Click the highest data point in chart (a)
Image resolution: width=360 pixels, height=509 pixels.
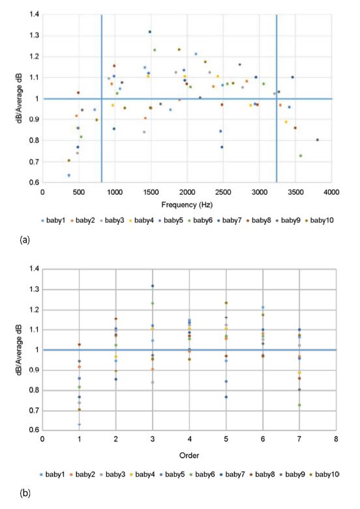pos(150,32)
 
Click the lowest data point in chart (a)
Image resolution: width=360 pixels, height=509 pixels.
pos(69,175)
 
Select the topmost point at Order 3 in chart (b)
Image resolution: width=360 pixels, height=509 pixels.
pos(153,286)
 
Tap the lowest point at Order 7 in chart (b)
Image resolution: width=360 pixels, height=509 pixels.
pos(299,405)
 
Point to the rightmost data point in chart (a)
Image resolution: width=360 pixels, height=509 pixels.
pos(318,140)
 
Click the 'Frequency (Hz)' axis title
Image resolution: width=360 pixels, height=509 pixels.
pos(187,205)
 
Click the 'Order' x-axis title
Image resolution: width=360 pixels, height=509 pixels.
pos(189,456)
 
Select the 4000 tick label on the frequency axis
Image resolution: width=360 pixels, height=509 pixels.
pos(331,192)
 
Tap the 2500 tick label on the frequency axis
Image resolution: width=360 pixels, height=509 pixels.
pos(223,192)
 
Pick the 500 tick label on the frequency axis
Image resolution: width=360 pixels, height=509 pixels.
pos(79,192)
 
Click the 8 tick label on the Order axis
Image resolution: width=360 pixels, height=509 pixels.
pos(336,439)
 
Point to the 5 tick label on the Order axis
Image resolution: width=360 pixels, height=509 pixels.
pos(226,439)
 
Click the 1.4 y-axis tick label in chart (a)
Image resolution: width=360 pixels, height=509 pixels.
pos(34,14)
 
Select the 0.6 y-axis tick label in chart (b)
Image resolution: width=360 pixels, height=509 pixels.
pos(34,430)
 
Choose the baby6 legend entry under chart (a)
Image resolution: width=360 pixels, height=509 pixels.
pos(200,220)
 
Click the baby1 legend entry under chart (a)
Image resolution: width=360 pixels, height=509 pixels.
pos(53,220)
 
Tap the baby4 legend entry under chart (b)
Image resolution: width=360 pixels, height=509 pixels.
pos(142,474)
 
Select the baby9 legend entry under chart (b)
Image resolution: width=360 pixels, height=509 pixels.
pos(292,474)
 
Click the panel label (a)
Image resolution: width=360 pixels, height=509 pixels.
pos(25,240)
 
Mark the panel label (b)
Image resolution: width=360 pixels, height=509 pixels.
pos(25,493)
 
